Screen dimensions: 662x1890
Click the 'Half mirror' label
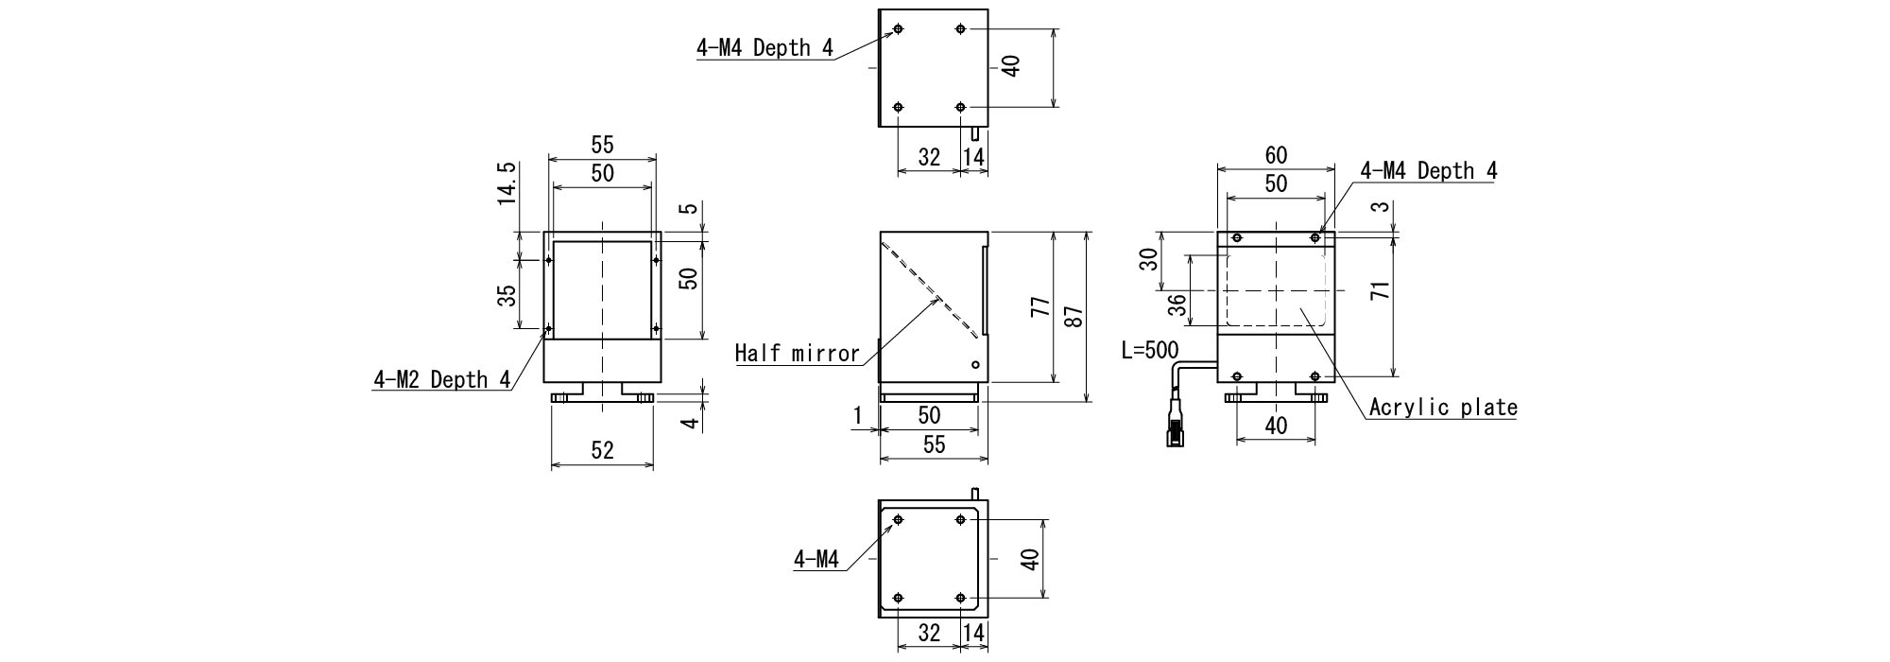[798, 354]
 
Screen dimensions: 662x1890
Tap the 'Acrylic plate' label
[1442, 408]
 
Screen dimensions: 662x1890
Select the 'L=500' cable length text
[1149, 351]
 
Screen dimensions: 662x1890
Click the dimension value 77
[1039, 307]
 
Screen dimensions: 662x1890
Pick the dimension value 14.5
[507, 183]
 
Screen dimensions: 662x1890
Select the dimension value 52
[602, 451]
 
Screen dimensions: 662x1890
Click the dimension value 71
[1381, 290]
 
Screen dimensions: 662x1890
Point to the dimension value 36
[1177, 305]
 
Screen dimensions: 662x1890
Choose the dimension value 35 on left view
[507, 295]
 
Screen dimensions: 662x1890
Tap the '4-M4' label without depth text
[816, 560]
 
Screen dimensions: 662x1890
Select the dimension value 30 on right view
[1148, 259]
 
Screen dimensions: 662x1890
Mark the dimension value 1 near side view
[858, 415]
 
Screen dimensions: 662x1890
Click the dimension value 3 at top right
[1384, 207]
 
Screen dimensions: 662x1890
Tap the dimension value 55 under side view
[933, 445]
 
